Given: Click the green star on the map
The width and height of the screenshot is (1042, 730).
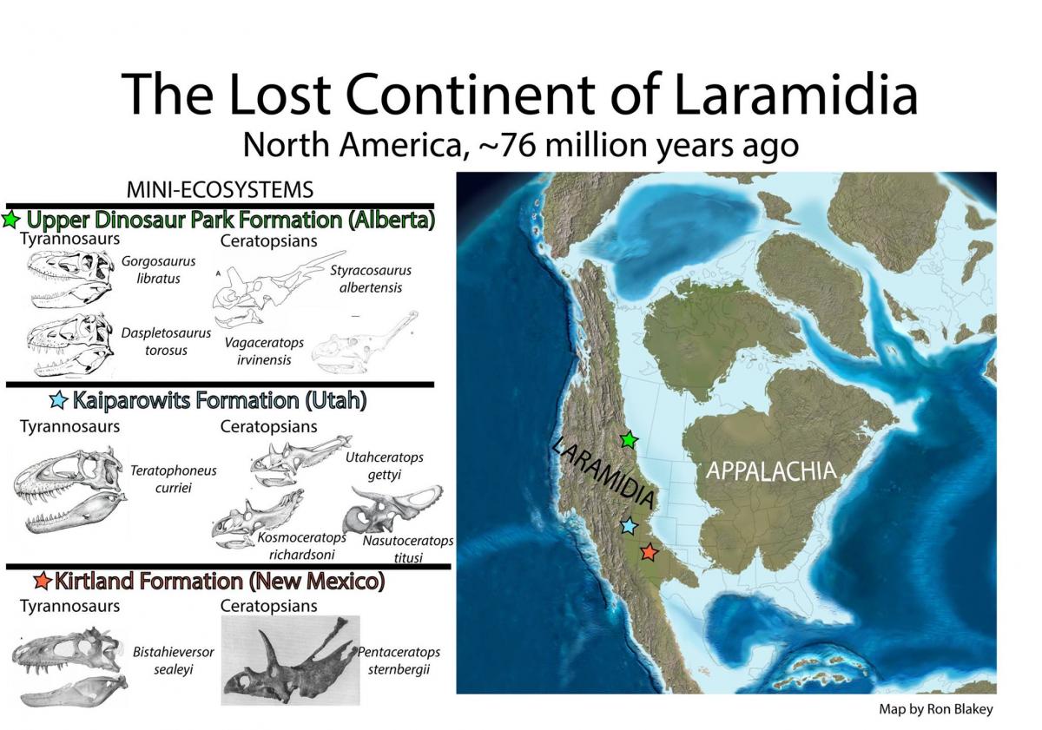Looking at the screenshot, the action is (x=630, y=440).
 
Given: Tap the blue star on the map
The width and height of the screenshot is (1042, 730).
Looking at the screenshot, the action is (x=629, y=526).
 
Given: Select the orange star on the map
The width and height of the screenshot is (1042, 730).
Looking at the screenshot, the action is (x=649, y=552).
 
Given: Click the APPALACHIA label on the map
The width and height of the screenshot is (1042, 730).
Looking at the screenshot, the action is (x=771, y=470).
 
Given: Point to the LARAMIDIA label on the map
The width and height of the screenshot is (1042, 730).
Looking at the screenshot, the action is (x=603, y=472).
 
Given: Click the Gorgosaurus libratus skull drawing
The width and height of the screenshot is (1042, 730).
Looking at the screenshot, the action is (x=70, y=279).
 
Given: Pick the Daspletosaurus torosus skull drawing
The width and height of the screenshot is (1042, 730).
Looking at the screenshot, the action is (x=70, y=345).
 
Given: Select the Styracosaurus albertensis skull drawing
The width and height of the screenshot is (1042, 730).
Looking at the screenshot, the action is (x=278, y=288).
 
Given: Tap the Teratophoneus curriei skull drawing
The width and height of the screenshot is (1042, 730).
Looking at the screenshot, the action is (x=69, y=490).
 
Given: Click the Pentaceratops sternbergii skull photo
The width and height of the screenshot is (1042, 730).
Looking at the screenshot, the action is (x=290, y=661).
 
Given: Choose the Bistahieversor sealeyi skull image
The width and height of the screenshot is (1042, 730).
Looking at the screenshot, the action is (x=69, y=667).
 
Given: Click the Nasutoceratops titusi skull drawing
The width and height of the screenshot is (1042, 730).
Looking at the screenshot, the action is (x=393, y=510).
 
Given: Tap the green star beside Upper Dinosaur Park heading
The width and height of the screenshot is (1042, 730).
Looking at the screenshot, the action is (x=10, y=220).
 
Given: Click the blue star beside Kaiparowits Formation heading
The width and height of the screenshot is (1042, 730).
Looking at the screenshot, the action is (x=59, y=400).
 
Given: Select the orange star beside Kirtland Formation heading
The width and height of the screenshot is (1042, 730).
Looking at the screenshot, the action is (x=43, y=581).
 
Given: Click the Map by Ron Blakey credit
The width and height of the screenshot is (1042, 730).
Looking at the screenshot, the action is (x=936, y=709).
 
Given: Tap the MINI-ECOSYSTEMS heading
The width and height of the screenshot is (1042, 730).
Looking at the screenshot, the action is (x=220, y=190).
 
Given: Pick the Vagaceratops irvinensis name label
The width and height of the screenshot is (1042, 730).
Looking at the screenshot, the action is (x=264, y=351).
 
